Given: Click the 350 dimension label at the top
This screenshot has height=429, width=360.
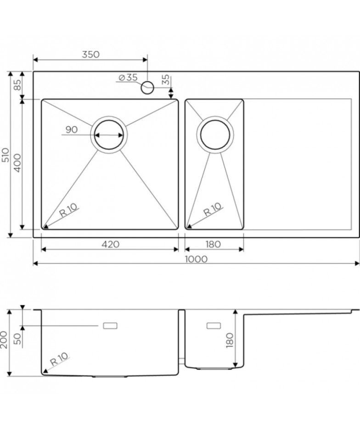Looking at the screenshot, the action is click(90, 55).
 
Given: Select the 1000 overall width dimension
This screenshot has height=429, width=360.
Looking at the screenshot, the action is click(196, 259).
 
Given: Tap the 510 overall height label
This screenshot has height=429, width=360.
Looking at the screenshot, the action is click(6, 155).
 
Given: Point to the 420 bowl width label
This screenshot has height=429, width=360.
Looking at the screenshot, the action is click(110, 244).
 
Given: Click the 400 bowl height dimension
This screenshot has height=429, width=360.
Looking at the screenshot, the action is click(17, 163).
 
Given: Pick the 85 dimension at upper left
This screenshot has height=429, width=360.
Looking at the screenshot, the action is click(17, 85).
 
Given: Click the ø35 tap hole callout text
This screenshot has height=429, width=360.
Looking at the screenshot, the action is click(128, 78).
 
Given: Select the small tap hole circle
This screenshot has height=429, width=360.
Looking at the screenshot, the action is click(147, 88).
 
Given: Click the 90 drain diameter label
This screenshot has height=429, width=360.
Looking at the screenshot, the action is click(72, 129).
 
